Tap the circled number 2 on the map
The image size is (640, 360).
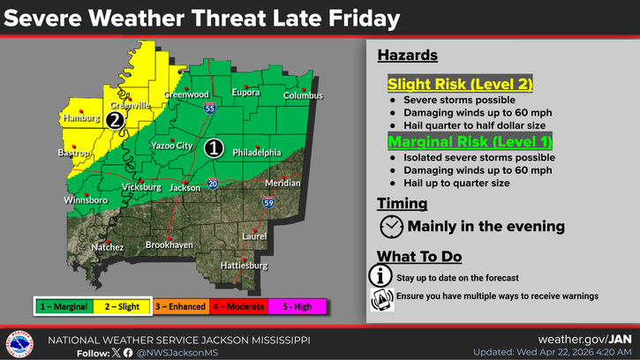[x=114, y=121]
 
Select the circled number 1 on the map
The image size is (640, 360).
[x=213, y=148]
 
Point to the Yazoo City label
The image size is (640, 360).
[x=170, y=145]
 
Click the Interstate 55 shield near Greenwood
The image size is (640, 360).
[x=208, y=108]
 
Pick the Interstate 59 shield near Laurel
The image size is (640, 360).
[x=268, y=202]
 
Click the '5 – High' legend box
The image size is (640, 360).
[x=297, y=306]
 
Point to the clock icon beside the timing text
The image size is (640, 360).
[x=391, y=227]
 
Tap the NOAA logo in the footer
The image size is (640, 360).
[x=19, y=344]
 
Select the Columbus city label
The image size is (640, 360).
[x=304, y=95]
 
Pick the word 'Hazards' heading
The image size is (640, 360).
[x=408, y=56]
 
